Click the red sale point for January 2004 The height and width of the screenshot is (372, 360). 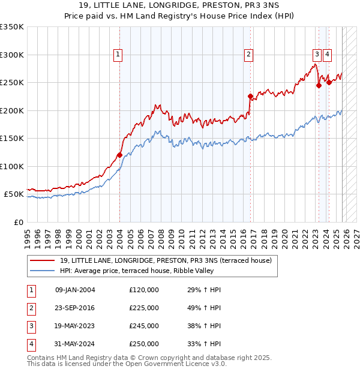coord(119,155)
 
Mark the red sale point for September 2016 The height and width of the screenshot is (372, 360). coord(250,96)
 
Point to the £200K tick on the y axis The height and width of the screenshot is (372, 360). coord(12,110)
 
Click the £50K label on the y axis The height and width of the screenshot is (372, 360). coord(14,194)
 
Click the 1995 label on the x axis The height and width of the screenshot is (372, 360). coord(28,235)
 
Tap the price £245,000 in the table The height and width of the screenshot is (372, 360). coord(144,326)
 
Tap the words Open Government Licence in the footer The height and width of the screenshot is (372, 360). coord(173,364)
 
